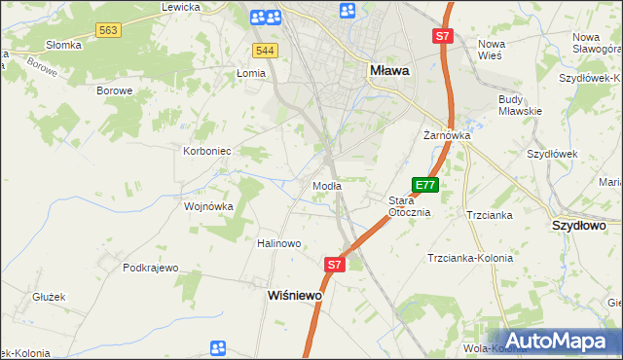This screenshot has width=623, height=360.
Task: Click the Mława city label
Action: pyautogui.click(x=389, y=70)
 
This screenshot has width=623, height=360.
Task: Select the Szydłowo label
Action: pyautogui.click(x=579, y=225)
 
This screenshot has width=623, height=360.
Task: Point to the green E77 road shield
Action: pyautogui.click(x=425, y=184)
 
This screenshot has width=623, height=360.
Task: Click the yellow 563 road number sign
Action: pyautogui.click(x=109, y=31)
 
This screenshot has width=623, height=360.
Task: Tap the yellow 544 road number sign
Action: pyautogui.click(x=264, y=50)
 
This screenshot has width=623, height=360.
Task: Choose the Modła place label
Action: pyautogui.click(x=326, y=185)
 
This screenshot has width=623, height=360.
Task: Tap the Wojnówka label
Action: pyautogui.click(x=209, y=206)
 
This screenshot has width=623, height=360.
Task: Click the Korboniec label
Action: pyautogui.click(x=206, y=151)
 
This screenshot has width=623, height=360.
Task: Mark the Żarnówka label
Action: pyautogui.click(x=447, y=136)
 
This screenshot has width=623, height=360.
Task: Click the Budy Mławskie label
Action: pyautogui.click(x=519, y=105)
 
